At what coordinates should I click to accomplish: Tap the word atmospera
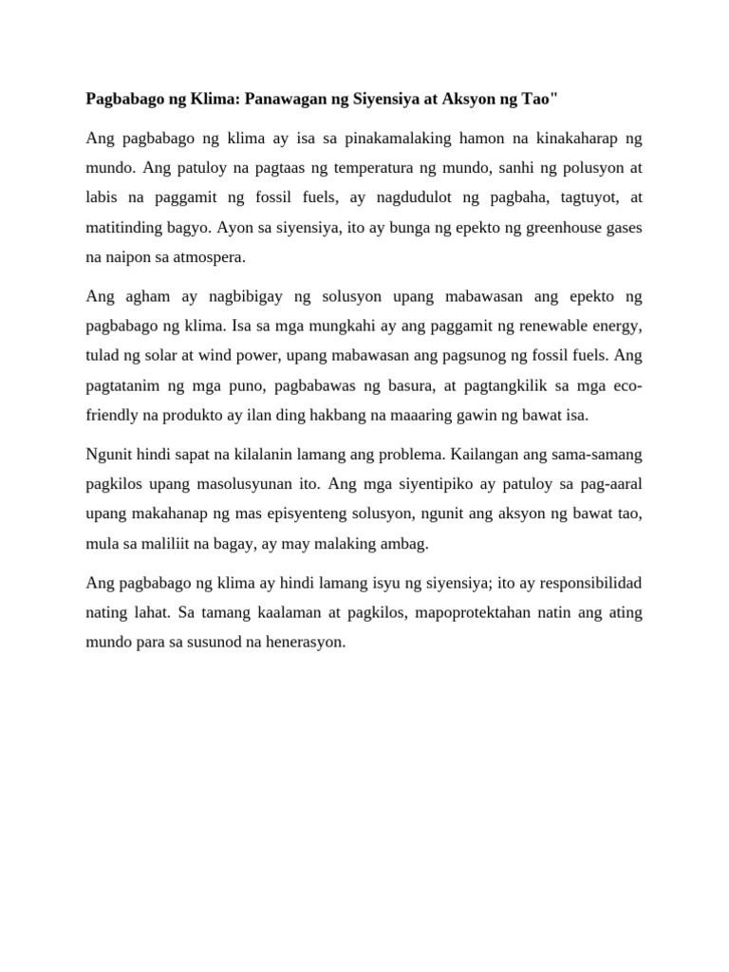(209, 256)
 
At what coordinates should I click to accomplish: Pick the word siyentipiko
(415, 485)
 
